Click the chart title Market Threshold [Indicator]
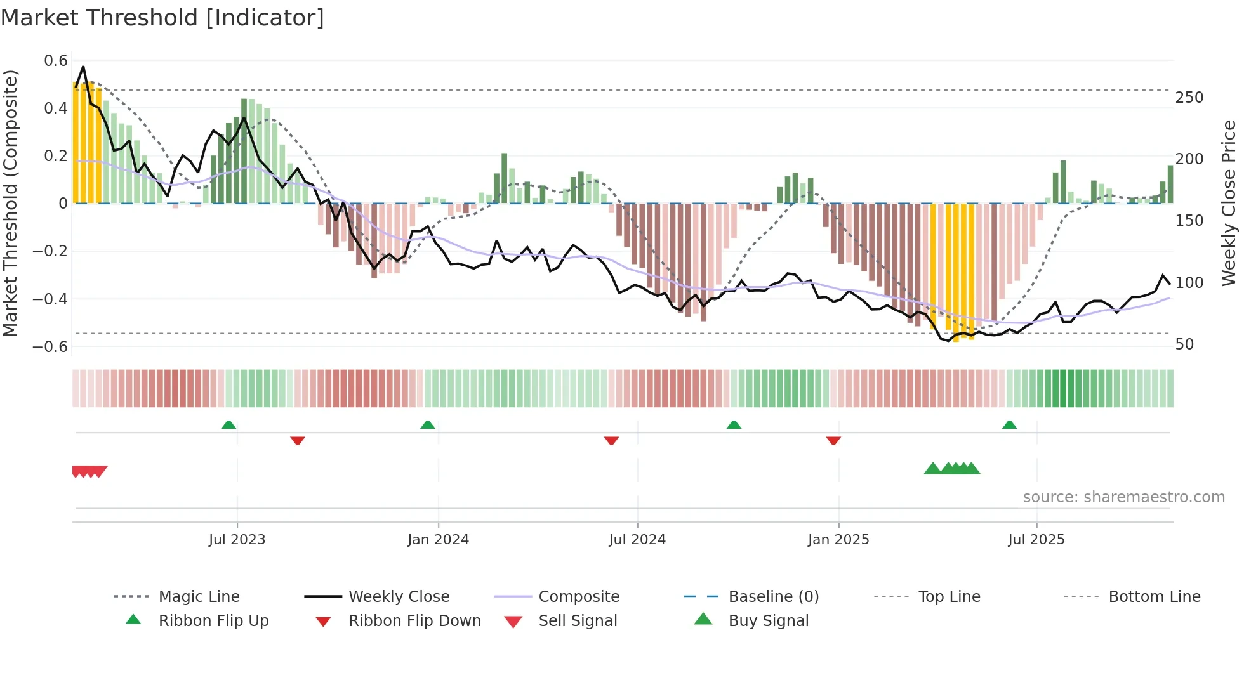coord(162,18)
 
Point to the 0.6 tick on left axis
coord(56,61)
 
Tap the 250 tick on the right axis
coord(1189,98)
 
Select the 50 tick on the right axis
coord(1184,344)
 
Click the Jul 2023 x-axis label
coord(237,540)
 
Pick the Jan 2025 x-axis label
coord(838,540)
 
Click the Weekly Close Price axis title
coord(1229,203)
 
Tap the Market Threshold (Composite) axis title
coord(10,203)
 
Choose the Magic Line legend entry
coord(199,597)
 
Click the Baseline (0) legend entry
coord(773,597)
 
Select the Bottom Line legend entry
coord(1154,597)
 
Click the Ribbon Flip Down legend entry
coord(414,621)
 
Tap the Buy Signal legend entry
coord(768,621)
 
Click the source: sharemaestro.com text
coord(1123,497)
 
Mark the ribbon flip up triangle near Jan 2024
coord(428,425)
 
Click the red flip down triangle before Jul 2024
coord(611,440)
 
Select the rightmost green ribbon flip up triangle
coord(1009,425)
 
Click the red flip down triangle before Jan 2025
coord(833,440)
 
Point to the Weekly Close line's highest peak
coord(83,67)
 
